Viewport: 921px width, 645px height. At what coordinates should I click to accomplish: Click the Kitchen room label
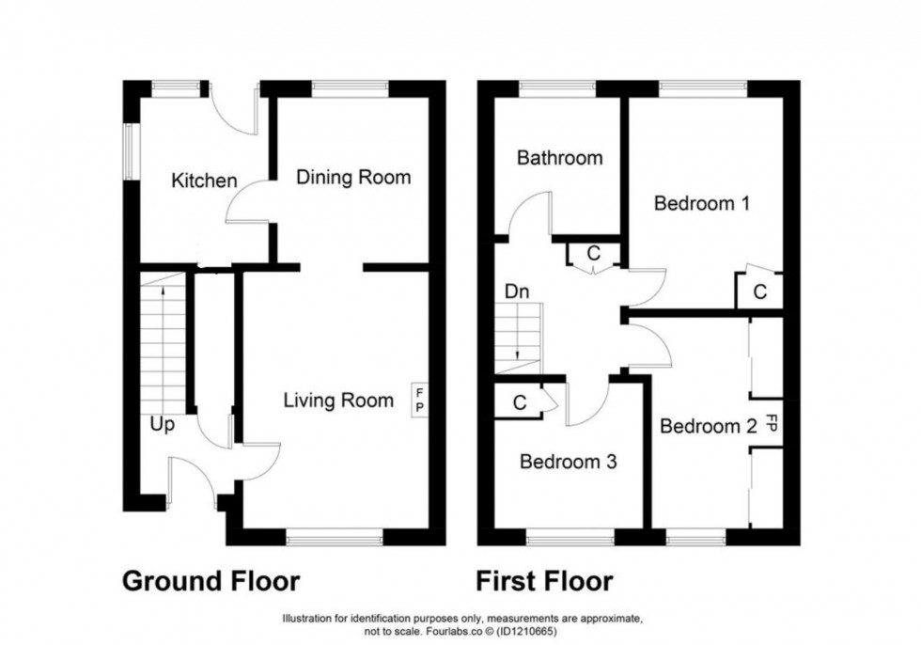click(203, 181)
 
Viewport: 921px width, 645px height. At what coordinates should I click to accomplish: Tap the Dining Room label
click(353, 177)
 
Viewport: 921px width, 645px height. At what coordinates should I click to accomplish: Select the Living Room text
click(338, 401)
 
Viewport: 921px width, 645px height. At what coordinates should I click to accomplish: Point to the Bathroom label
click(559, 158)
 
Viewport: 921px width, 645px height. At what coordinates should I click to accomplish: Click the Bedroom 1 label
click(701, 202)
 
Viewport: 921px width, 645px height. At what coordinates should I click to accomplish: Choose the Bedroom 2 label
click(708, 426)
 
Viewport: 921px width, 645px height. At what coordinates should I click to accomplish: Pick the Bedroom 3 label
click(568, 462)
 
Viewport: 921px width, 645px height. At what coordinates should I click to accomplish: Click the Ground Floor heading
click(211, 581)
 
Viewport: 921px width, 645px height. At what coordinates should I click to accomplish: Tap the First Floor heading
click(545, 581)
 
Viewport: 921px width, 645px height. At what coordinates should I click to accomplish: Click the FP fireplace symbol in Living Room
click(419, 399)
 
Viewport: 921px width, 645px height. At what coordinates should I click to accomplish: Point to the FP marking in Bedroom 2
click(772, 423)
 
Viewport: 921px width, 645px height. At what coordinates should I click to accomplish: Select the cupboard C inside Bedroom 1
click(760, 291)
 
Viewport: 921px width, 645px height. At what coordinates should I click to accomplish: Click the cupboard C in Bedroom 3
click(519, 402)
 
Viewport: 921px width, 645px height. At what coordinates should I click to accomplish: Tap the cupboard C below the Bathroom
click(593, 254)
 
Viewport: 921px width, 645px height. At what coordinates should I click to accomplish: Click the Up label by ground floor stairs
click(163, 425)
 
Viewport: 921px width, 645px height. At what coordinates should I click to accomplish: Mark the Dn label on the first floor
click(517, 291)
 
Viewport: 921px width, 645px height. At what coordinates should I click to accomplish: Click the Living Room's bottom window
click(334, 537)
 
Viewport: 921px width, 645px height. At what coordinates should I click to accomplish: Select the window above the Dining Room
click(350, 87)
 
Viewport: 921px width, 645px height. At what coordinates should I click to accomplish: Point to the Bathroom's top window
click(556, 87)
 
